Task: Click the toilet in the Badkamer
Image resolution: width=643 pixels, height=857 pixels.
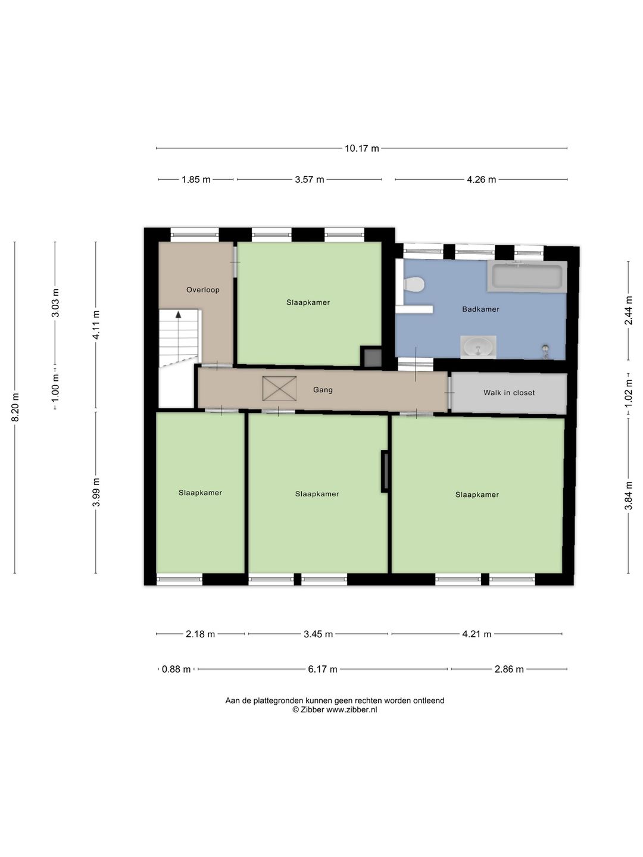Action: [x=414, y=283]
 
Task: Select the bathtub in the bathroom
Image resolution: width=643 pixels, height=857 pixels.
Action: [x=527, y=276]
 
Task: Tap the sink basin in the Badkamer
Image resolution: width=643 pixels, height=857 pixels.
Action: [x=478, y=347]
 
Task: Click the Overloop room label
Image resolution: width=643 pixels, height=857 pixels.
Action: [x=202, y=290]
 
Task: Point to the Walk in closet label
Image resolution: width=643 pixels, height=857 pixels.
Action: [x=509, y=393]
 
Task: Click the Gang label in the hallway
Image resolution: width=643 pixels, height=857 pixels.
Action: [x=323, y=390]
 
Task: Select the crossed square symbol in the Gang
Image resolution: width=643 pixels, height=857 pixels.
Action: [x=279, y=389]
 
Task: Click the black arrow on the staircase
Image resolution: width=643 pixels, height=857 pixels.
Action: [x=179, y=314]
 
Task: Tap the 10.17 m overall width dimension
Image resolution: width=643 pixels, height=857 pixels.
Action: [x=361, y=148]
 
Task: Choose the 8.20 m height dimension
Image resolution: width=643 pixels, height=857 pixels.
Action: [x=15, y=407]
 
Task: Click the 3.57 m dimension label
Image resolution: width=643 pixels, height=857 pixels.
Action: [x=309, y=180]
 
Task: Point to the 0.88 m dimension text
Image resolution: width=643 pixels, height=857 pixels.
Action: [x=176, y=669]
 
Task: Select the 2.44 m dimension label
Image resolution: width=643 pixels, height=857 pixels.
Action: [x=628, y=311]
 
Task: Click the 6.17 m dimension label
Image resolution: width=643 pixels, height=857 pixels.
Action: [x=323, y=669]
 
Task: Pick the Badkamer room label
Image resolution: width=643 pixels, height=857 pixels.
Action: [x=480, y=309]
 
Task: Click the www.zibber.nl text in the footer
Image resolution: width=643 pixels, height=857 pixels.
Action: [x=352, y=710]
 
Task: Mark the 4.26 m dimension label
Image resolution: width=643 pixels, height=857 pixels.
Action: [x=482, y=180]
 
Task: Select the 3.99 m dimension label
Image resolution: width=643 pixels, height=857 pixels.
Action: [x=96, y=492]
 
